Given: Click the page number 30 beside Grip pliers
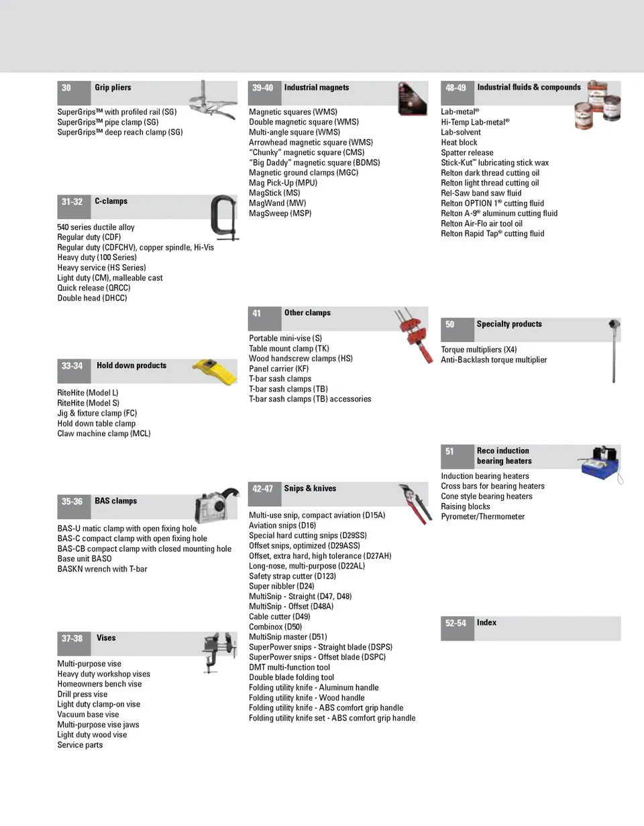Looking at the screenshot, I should [66, 88].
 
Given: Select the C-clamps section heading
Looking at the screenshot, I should [111, 201].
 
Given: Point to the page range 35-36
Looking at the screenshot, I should [72, 501].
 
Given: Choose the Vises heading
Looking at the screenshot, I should [106, 638].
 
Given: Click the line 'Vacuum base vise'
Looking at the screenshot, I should [88, 715].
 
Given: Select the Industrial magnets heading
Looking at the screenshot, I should [317, 88].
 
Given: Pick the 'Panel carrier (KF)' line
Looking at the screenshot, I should [279, 369].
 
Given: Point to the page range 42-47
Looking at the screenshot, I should [262, 489].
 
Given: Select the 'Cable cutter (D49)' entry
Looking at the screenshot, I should [280, 617].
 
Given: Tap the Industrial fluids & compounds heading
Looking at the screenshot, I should [529, 88].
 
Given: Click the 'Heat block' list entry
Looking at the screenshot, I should [460, 142].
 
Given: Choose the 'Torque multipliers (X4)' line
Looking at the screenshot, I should [479, 350].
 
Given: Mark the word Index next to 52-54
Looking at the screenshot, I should [486, 623].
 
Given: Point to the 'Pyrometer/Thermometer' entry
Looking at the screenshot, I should [483, 517].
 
